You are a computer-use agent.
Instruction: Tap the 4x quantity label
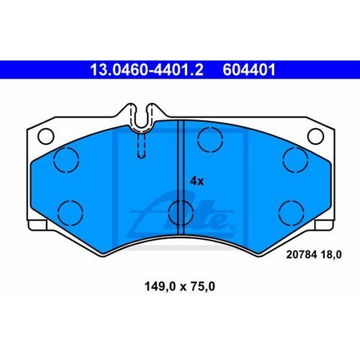click(197, 181)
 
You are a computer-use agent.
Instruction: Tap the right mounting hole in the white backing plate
click(315, 135)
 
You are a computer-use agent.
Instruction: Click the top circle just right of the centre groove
click(210, 138)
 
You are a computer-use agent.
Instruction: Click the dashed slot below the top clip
click(143, 148)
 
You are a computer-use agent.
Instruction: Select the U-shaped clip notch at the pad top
click(143, 115)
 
